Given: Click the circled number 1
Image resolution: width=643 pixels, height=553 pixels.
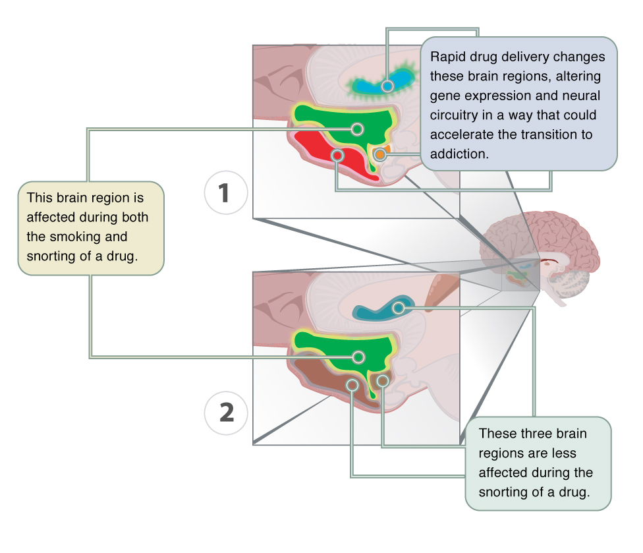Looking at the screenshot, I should [225, 194].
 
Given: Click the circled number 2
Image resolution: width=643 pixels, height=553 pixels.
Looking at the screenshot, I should [226, 413].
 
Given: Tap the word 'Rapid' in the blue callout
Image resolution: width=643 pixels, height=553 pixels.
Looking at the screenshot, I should [446, 57].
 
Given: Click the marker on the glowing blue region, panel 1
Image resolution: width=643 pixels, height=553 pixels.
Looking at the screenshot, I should [387, 85].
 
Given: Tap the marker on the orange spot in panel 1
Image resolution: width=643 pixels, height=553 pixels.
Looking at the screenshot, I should [380, 155].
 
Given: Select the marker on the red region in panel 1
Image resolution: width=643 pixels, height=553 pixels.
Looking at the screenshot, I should [337, 156].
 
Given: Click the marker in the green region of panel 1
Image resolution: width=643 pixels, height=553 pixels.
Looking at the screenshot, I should [358, 129].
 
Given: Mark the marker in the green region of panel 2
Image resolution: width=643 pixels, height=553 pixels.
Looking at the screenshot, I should [358, 357].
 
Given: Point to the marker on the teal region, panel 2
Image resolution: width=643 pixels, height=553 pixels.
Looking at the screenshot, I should [398, 308].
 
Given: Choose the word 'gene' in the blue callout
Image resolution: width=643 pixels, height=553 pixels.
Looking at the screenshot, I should [443, 96].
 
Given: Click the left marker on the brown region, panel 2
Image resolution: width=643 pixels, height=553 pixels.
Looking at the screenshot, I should [352, 385].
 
